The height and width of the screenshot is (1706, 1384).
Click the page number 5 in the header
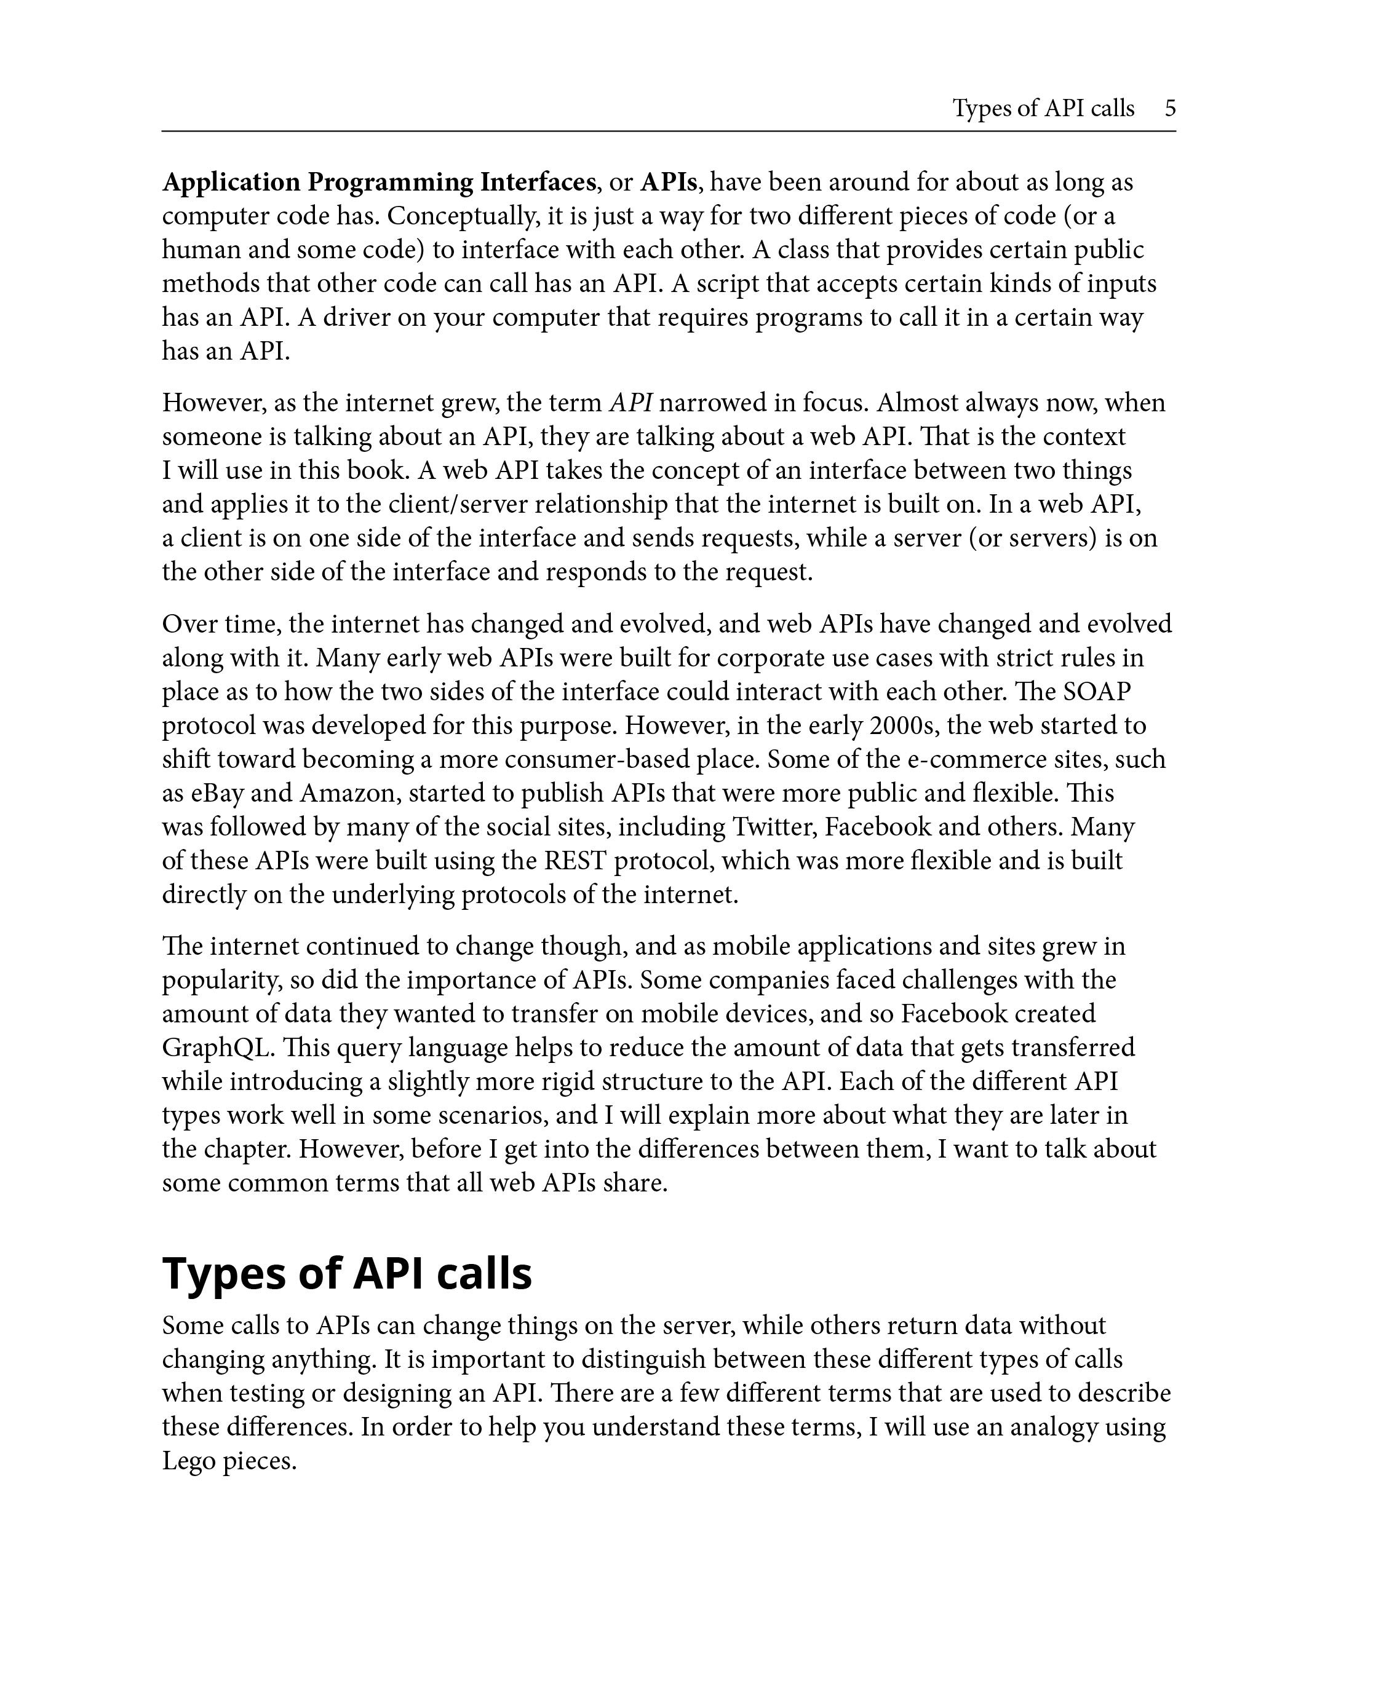(1169, 108)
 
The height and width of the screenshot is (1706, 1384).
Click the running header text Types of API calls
(1043, 108)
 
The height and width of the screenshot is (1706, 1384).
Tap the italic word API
(630, 403)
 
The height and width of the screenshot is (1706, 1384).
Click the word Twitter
(773, 827)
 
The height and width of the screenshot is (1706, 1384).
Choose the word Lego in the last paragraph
(188, 1461)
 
